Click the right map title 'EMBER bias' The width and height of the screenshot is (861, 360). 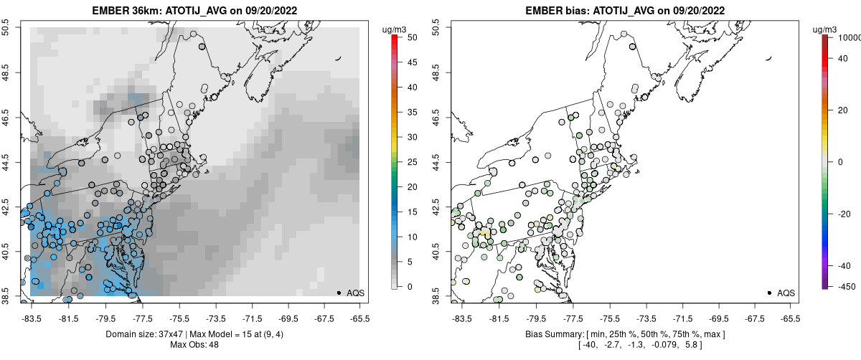[550, 11]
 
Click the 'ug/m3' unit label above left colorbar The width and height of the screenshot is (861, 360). [395, 29]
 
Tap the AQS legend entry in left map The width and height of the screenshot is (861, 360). [354, 293]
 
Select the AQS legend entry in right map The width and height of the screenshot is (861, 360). [785, 293]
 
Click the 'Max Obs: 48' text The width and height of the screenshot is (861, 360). [194, 345]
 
